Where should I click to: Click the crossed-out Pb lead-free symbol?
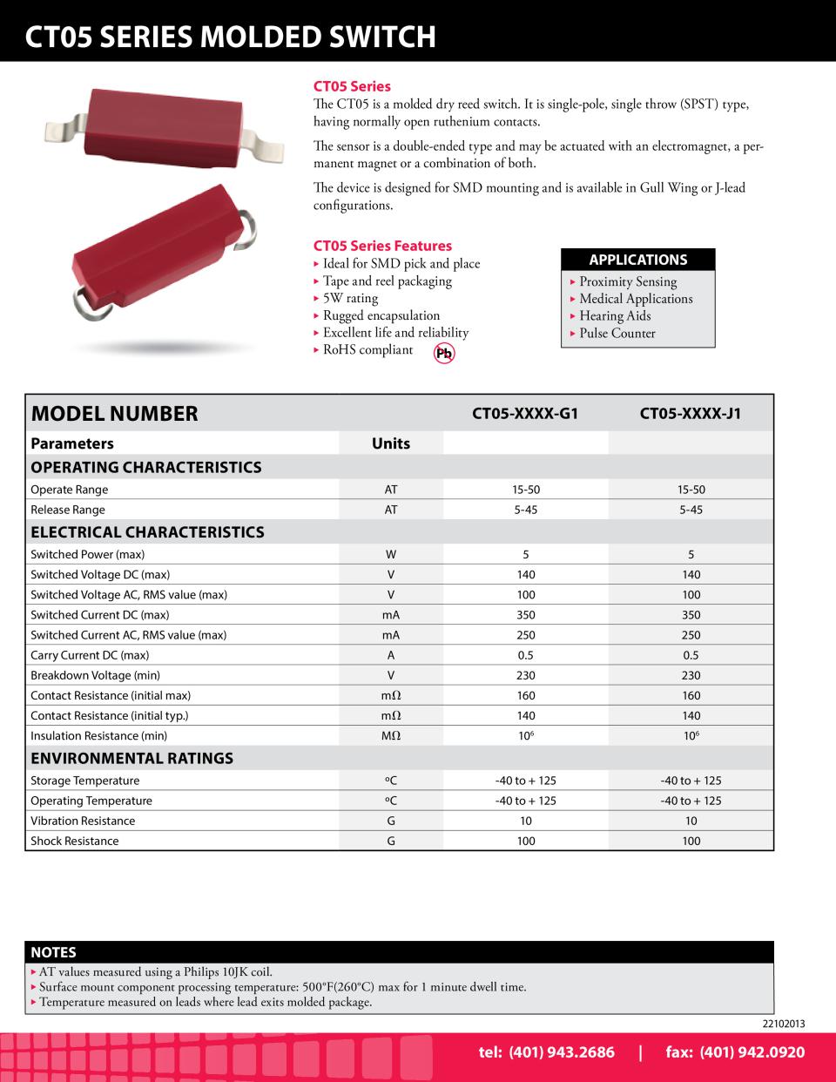tap(445, 353)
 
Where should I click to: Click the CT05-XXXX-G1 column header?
tap(525, 413)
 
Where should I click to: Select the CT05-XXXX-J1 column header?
tap(691, 413)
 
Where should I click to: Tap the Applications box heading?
tap(638, 260)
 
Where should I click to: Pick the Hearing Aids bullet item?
tap(615, 316)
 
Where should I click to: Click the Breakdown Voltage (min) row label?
tap(95, 675)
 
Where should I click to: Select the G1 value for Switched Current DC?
tap(525, 615)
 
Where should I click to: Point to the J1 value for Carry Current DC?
tap(691, 655)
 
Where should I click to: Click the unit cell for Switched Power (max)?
tap(391, 554)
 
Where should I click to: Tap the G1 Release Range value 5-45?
tap(525, 510)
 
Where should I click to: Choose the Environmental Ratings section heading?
tap(131, 758)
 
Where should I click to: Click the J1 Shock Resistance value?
tap(691, 841)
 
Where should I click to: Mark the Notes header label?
tap(54, 952)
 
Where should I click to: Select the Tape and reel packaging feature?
tap(387, 281)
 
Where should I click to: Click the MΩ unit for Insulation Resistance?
tap(391, 735)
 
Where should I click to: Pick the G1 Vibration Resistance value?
tap(525, 821)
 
